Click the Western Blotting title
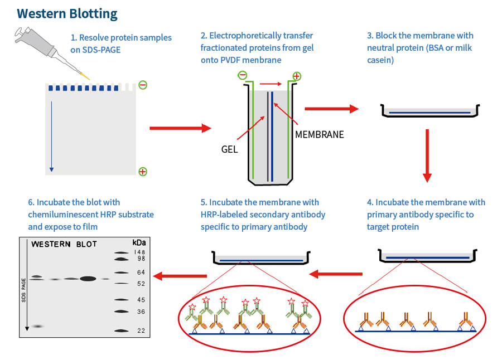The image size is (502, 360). [67, 13]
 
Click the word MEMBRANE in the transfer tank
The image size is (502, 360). [319, 134]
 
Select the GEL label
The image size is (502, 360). [230, 150]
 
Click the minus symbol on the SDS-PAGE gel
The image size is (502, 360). [143, 85]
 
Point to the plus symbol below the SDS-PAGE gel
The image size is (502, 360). [143, 171]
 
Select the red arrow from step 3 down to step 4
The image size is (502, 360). [427, 156]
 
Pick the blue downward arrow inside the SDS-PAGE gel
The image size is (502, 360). [51, 134]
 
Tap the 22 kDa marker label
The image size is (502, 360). [141, 330]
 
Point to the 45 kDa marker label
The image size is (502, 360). [141, 300]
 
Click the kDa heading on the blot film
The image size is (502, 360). [139, 243]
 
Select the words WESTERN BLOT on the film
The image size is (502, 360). [64, 244]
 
